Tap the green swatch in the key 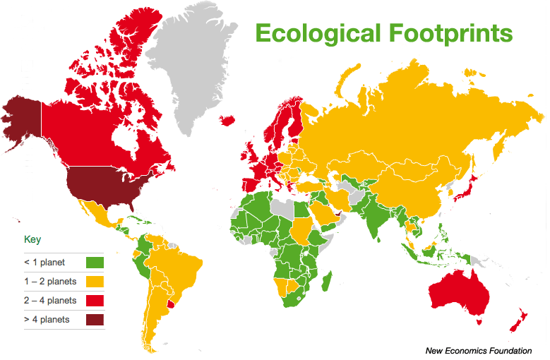[95, 263]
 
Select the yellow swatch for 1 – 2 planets [95, 282]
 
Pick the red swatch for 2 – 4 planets [95, 301]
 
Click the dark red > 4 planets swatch [95, 320]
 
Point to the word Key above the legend [32, 239]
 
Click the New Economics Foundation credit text [479, 350]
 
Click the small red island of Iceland [229, 120]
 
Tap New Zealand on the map [519, 321]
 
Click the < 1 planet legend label [44, 263]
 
